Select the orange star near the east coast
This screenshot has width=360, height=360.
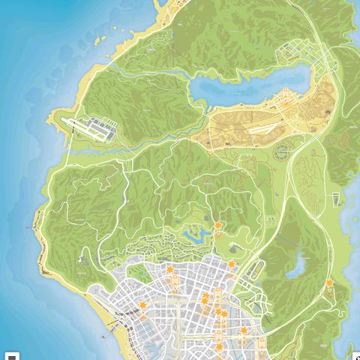pos(329,282)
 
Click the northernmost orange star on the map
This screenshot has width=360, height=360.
pos(218,225)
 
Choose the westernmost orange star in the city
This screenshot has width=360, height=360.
pos(142,306)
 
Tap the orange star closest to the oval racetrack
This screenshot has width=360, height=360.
pos(232,264)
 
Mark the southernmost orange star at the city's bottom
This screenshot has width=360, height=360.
pos(218,348)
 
